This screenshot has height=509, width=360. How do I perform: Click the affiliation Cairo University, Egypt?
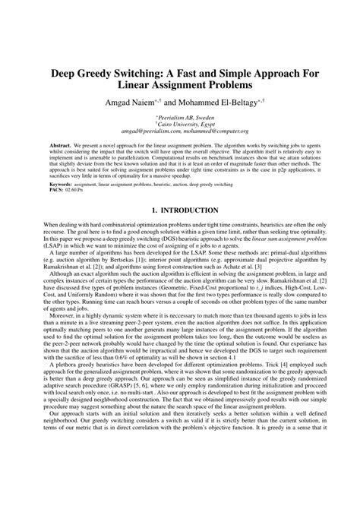(x=180, y=124)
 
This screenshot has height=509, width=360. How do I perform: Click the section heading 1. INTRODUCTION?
(x=180, y=209)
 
